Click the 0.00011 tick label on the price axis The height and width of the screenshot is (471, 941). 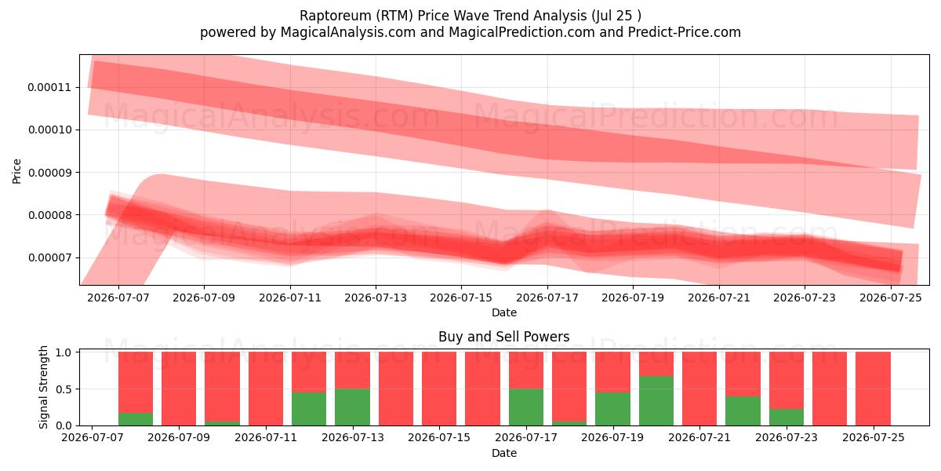(49, 87)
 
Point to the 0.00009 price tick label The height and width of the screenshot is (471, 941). (49, 173)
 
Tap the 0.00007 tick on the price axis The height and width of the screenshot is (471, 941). (49, 257)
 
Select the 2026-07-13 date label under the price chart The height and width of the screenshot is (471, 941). (376, 298)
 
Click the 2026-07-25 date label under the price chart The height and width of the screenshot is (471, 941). (891, 298)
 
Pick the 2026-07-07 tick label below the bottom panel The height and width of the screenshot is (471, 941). (93, 437)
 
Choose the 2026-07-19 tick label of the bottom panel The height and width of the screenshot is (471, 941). (612, 437)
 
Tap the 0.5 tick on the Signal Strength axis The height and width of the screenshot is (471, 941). (64, 389)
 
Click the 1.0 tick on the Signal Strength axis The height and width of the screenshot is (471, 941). (64, 352)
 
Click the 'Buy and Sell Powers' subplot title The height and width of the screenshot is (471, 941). (504, 337)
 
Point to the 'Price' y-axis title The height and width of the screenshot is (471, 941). (16, 171)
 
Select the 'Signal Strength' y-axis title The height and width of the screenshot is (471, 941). (43, 387)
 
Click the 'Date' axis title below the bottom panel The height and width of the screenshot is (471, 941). (504, 453)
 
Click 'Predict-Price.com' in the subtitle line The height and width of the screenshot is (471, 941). (685, 32)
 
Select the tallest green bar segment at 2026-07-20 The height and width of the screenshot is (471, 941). (656, 401)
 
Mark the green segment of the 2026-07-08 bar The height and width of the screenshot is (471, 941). (136, 419)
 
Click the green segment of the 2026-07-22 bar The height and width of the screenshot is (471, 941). (743, 411)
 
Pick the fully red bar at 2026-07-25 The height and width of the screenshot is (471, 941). (873, 389)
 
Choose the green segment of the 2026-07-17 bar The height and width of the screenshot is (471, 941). (526, 407)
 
